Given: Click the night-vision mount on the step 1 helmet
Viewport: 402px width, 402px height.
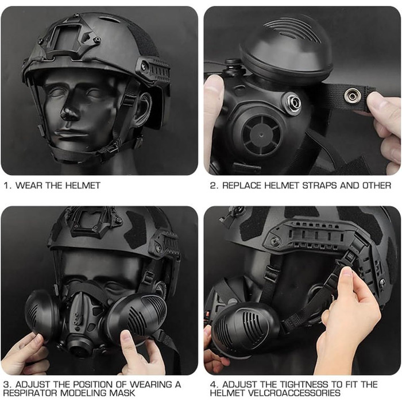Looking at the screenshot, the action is [68, 38].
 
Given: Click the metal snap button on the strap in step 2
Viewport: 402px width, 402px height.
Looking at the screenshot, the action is [353, 96].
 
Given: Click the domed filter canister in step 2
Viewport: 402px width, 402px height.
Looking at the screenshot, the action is [286, 46].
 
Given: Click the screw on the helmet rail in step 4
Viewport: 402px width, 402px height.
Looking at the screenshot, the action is [276, 242].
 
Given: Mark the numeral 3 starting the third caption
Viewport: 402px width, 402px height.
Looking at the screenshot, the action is [6, 385].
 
